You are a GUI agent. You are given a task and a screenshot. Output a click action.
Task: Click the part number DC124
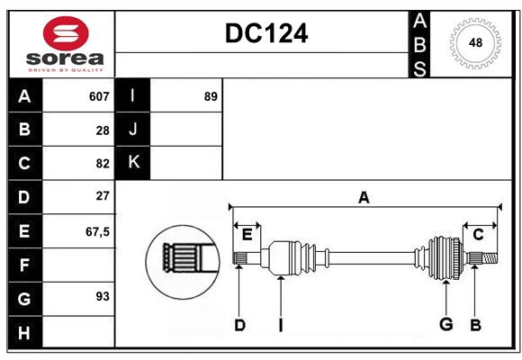pyautogui.click(x=265, y=33)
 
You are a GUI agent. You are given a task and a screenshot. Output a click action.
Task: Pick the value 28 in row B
pyautogui.click(x=103, y=130)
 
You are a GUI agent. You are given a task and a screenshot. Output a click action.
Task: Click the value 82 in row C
pyautogui.click(x=103, y=164)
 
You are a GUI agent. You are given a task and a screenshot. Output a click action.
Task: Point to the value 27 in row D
pyautogui.click(x=103, y=196)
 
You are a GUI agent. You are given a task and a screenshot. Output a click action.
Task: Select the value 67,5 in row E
pyautogui.click(x=97, y=231)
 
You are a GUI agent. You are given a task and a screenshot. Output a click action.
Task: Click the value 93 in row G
pyautogui.click(x=103, y=296)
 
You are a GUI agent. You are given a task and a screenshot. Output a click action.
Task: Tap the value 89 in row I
pyautogui.click(x=211, y=96)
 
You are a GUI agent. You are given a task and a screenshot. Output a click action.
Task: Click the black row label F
pyautogui.click(x=24, y=265)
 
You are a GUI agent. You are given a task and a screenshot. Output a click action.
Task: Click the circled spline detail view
pyautogui.click(x=184, y=258)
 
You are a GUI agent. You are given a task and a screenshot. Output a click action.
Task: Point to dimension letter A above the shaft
pyautogui.click(x=364, y=197)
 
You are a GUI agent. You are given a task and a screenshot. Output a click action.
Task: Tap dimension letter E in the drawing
pyautogui.click(x=247, y=235)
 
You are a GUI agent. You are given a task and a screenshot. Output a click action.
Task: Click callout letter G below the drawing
pyautogui.click(x=445, y=325)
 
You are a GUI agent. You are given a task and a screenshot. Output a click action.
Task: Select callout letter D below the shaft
pyautogui.click(x=239, y=325)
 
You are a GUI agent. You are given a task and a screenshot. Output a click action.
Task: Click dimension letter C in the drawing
pyautogui.click(x=478, y=235)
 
